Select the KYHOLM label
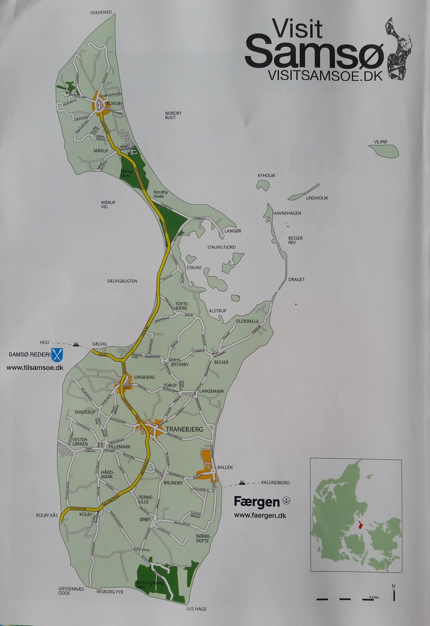click(266, 176)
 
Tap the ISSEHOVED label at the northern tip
click(101, 12)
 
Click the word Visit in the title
click(297, 29)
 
